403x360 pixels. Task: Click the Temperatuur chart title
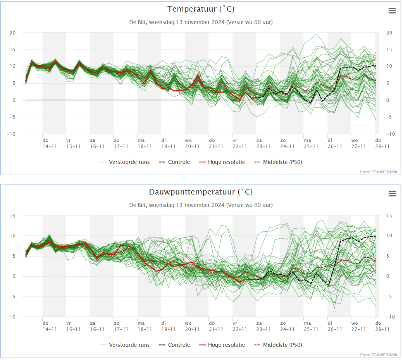(201, 9)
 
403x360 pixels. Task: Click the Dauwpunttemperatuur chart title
(201, 192)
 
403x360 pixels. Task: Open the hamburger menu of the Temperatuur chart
(392, 10)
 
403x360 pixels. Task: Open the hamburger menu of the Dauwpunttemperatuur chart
(392, 193)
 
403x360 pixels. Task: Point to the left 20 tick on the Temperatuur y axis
(12, 33)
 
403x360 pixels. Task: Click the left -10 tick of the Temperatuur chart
(11, 134)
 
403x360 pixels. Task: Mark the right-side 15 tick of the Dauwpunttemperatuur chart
(389, 216)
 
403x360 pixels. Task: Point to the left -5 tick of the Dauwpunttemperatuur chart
(12, 297)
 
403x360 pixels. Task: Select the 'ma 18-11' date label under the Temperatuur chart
(145, 143)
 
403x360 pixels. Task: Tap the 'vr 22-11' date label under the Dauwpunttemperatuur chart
(239, 326)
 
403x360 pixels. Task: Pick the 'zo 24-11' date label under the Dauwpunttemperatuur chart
(287, 326)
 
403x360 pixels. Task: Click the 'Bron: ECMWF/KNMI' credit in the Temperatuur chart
(379, 172)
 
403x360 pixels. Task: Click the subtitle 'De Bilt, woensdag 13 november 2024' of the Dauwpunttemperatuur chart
(177, 205)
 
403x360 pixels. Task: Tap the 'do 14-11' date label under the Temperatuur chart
(50, 143)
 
